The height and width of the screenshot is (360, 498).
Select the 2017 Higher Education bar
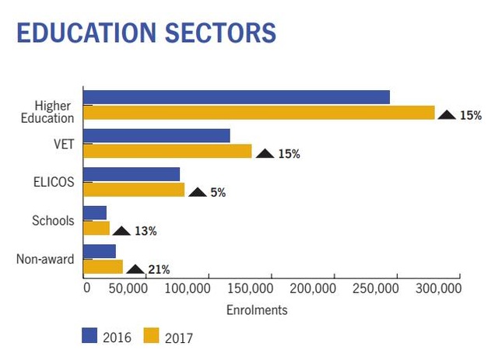(x=258, y=113)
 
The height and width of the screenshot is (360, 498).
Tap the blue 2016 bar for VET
(x=156, y=136)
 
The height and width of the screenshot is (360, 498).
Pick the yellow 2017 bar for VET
(x=167, y=151)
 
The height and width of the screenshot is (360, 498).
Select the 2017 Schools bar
(x=96, y=229)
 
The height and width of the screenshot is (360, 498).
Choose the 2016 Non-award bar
(x=99, y=252)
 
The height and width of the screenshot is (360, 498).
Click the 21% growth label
(x=159, y=270)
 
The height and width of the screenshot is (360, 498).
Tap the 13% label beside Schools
(x=146, y=231)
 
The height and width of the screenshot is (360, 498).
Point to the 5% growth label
(x=218, y=193)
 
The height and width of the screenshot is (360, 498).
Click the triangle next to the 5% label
(x=198, y=192)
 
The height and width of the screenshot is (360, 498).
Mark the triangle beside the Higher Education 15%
(x=447, y=114)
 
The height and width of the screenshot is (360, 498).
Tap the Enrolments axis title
(x=257, y=310)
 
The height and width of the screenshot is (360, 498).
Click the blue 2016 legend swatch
(x=89, y=336)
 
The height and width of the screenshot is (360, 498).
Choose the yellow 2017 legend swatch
(x=151, y=336)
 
